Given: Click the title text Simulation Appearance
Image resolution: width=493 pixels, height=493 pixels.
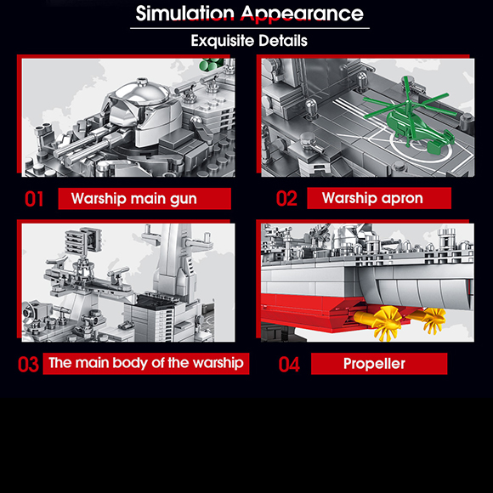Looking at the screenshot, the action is point(249,14).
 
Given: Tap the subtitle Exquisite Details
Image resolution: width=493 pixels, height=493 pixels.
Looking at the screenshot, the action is point(249,41).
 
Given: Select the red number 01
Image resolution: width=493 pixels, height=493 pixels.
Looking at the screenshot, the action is point(34,199).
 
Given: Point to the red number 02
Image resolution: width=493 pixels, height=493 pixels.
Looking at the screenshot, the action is point(286,198).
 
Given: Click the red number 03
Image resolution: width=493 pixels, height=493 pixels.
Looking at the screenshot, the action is point(28,364).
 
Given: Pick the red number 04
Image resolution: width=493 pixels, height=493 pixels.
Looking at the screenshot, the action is point(289,364).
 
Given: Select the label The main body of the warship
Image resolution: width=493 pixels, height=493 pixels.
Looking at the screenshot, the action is point(146,364).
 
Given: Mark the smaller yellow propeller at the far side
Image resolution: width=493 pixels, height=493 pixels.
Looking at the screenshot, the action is point(433,319).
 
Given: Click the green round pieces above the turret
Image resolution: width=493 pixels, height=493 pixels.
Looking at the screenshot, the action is point(212,64).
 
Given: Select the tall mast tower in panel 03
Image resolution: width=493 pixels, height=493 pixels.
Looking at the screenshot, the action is point(173,264).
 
